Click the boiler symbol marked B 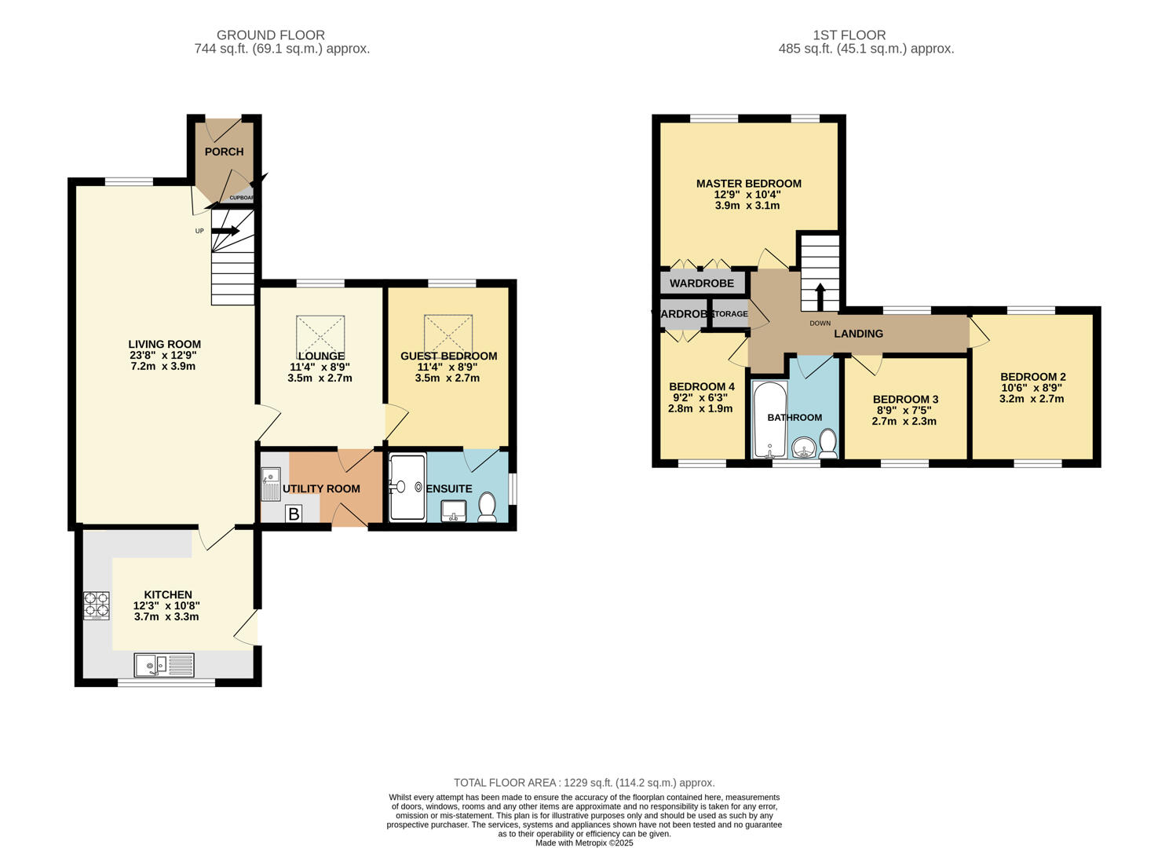tap(294, 514)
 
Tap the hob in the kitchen tap(97, 605)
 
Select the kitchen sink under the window tap(164, 665)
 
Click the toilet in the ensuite tap(487, 506)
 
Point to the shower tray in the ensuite tap(407, 487)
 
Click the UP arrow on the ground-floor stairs tap(225, 231)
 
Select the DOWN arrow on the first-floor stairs tap(820, 298)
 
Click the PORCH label tap(224, 152)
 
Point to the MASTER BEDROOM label tap(748, 184)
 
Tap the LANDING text tap(858, 334)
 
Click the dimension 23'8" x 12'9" tap(164, 355)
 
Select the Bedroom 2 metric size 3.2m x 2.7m tap(1032, 399)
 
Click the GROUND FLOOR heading tap(270, 35)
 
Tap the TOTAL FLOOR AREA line tap(584, 783)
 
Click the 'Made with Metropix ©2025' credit tap(584, 843)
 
